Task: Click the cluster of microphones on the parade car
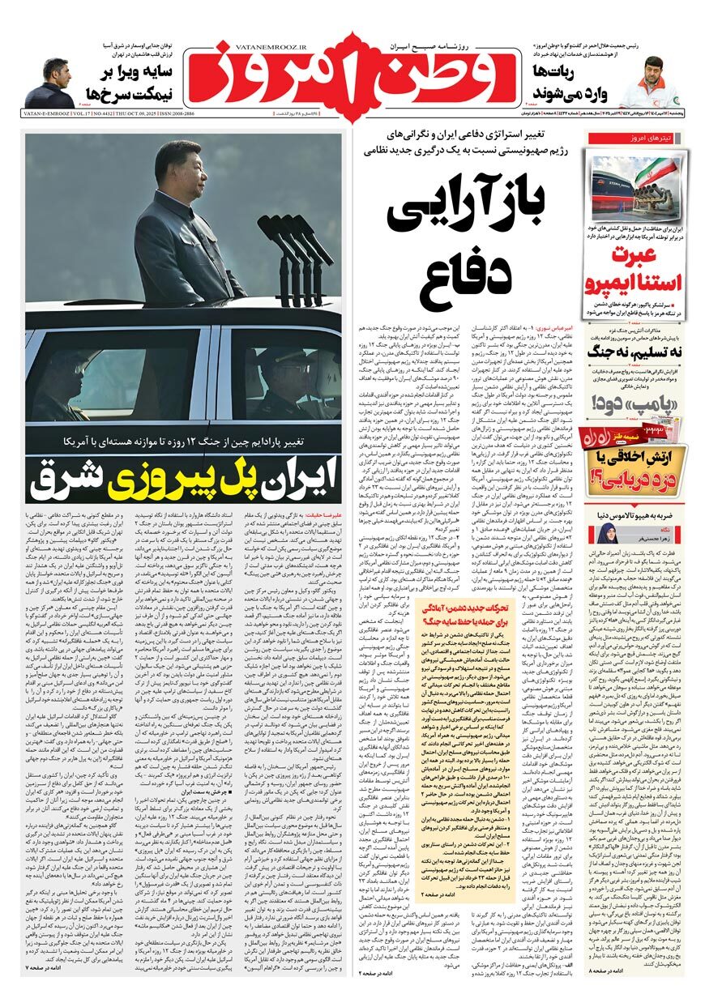point(293,243)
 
